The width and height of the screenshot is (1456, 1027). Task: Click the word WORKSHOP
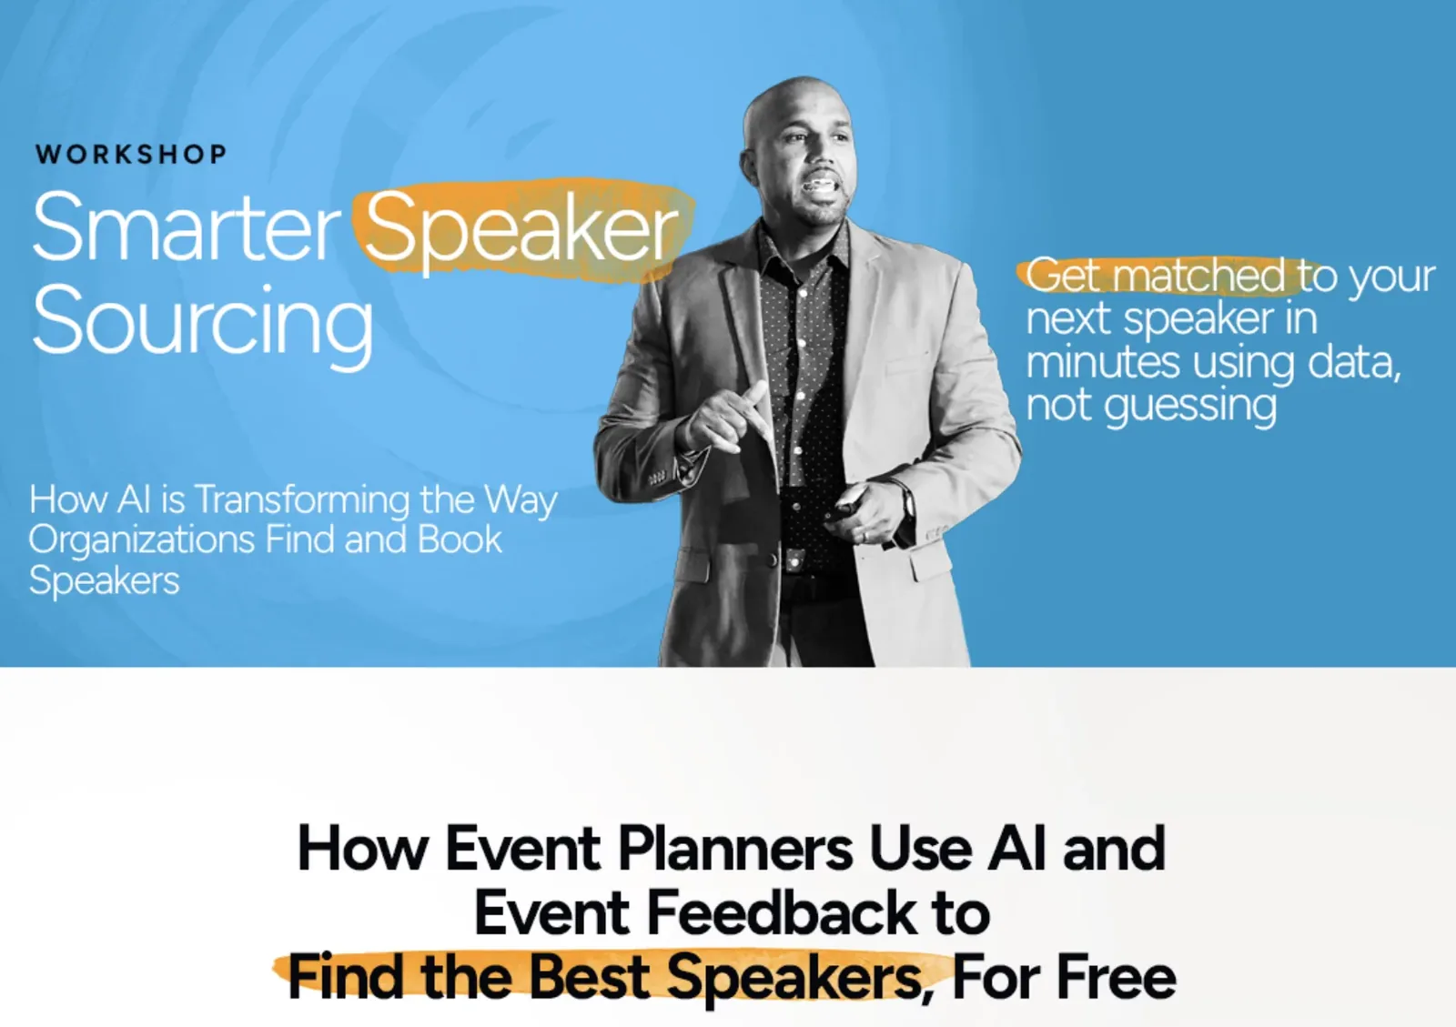click(131, 154)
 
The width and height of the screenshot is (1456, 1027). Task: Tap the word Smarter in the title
click(186, 227)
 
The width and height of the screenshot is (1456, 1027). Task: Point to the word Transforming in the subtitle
click(302, 500)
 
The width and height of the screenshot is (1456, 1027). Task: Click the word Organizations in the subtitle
click(142, 540)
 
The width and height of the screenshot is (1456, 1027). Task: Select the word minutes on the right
click(1102, 362)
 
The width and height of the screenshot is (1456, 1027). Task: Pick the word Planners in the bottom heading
click(735, 849)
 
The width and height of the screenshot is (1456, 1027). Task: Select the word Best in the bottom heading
click(589, 977)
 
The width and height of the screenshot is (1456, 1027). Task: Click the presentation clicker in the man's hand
click(847, 502)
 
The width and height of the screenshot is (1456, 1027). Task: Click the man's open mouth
click(820, 186)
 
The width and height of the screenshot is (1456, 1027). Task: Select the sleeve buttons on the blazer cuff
click(657, 478)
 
